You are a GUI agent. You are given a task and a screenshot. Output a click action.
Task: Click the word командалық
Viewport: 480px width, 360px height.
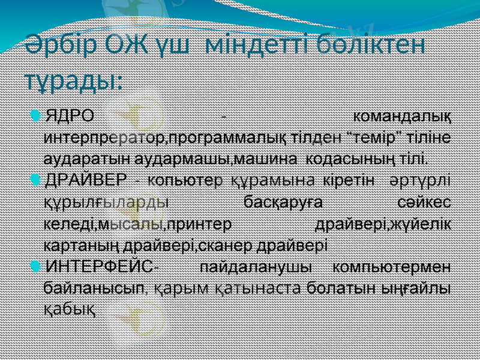pyautogui.click(x=403, y=115)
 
